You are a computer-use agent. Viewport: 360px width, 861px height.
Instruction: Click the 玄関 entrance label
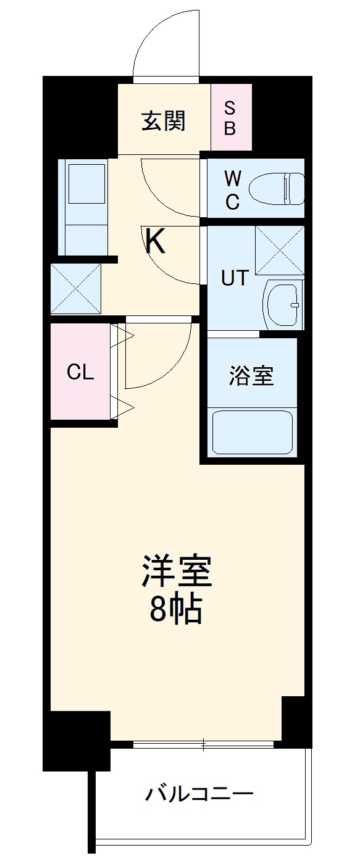[164, 121]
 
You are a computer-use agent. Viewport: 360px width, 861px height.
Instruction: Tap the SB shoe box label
[229, 118]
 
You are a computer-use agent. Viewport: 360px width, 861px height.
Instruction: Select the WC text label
[232, 189]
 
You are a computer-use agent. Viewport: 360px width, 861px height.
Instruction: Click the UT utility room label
[235, 278]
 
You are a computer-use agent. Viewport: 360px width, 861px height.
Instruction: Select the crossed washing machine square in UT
[280, 250]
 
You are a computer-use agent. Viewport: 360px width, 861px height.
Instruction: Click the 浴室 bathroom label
[251, 375]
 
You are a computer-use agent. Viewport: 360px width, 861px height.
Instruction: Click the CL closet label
[80, 372]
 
